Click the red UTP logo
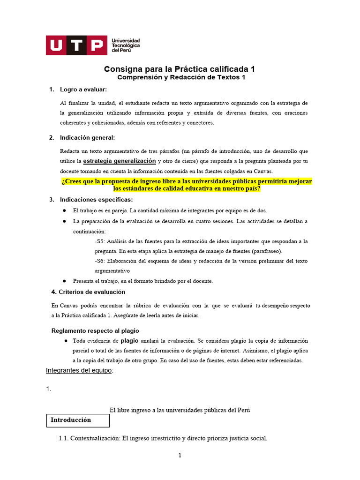[x=75, y=45]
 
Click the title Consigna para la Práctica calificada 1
[x=180, y=69]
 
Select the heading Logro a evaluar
[x=83, y=89]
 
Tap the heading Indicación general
[x=87, y=137]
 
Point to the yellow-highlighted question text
[x=187, y=185]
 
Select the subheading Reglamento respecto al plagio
[x=95, y=330]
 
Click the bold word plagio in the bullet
[x=129, y=341]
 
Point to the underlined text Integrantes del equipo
[x=79, y=370]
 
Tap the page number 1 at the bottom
[x=180, y=455]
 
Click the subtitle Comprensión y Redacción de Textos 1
[x=181, y=77]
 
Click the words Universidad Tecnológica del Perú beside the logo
[x=125, y=45]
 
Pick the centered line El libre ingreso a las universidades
[x=180, y=410]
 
